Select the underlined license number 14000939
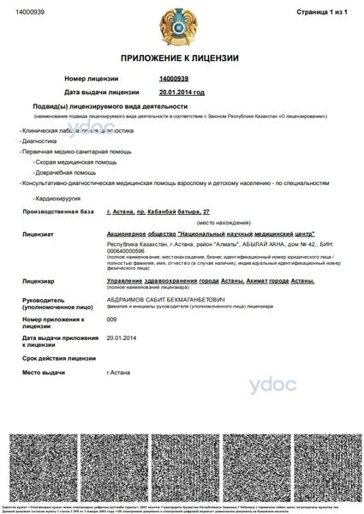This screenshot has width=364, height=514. (x=174, y=78)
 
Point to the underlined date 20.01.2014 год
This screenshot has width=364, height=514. (x=182, y=91)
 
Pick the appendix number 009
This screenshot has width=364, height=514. (x=110, y=319)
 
